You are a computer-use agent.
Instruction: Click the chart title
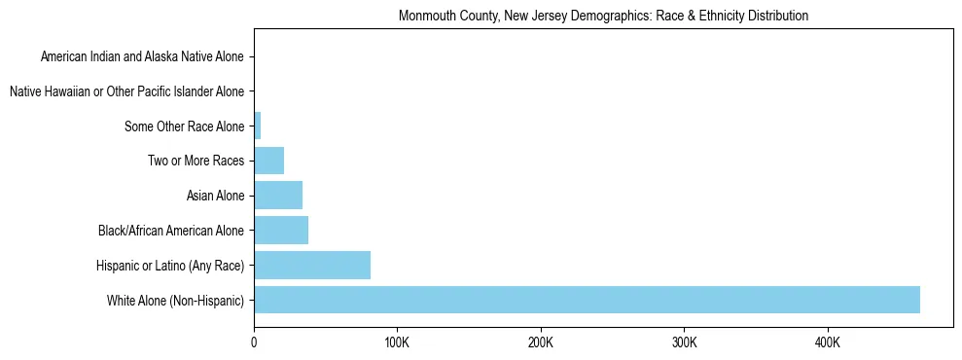tap(603, 17)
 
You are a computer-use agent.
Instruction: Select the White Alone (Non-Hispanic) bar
tap(587, 300)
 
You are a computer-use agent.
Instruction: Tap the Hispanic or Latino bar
tap(312, 265)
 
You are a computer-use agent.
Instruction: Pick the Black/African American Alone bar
tap(281, 231)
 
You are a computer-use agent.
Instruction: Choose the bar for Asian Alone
tap(278, 196)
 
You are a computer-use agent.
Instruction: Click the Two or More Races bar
tap(268, 161)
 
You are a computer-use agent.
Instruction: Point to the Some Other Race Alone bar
tap(258, 126)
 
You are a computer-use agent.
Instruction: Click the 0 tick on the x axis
tap(254, 343)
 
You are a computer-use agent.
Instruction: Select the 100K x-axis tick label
tap(397, 343)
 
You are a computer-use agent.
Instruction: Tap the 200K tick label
tap(541, 343)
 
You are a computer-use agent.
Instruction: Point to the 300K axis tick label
tap(684, 343)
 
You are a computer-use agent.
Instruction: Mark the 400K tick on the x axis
tap(828, 343)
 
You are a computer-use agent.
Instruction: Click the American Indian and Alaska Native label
tap(143, 57)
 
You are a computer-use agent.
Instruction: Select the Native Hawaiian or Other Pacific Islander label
tap(127, 92)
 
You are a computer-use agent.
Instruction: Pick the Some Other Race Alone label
tap(185, 126)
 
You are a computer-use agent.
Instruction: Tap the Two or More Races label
tap(196, 162)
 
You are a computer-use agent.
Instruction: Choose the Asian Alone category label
tap(216, 197)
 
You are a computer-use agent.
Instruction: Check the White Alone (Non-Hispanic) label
tap(176, 301)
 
